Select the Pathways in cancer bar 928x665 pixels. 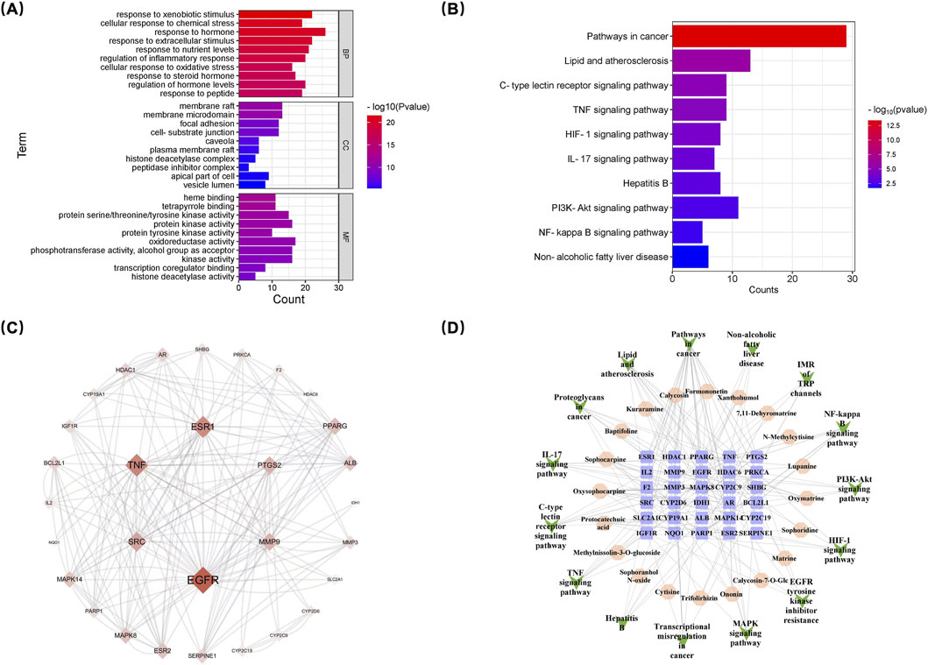(759, 36)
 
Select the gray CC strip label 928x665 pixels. (346, 146)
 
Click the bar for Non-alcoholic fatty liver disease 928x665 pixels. (690, 258)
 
